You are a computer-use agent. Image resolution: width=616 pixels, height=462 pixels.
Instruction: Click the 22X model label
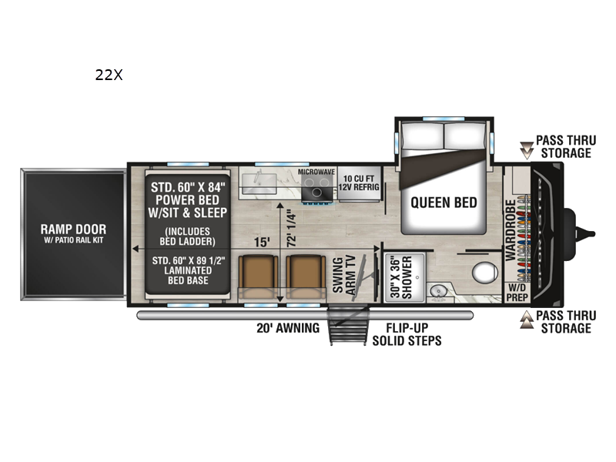point(109,75)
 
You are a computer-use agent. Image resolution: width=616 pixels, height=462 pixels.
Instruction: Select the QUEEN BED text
point(444,203)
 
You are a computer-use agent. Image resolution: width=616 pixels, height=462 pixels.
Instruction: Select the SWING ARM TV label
point(343,273)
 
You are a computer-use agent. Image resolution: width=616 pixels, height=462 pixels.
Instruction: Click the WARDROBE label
point(509,229)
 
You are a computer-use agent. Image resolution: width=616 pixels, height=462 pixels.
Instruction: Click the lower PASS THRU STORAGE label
point(564,322)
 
